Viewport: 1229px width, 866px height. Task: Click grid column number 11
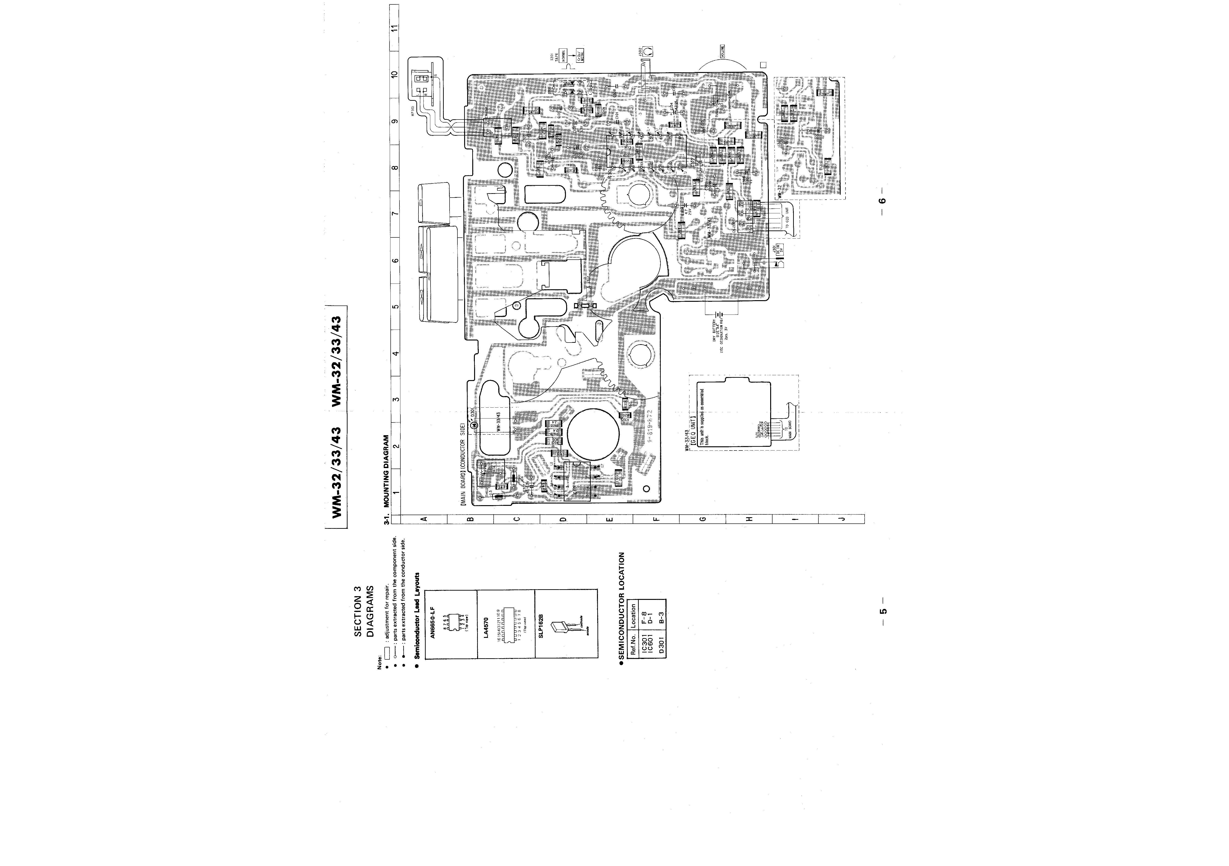[395, 28]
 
